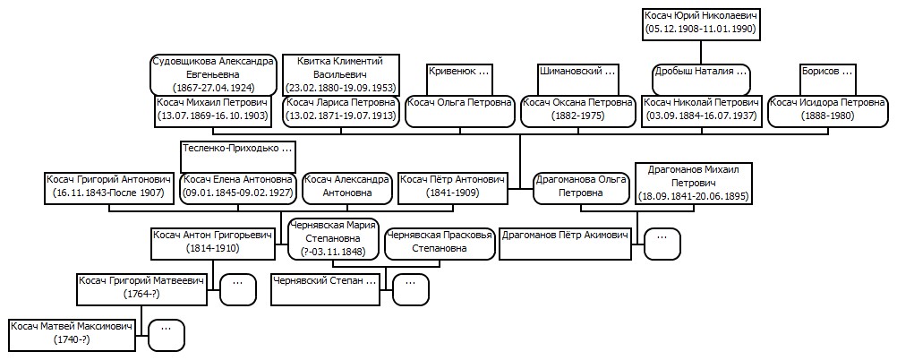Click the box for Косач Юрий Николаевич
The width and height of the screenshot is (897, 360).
[x=702, y=23]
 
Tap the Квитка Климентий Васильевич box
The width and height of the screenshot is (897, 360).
[x=341, y=74]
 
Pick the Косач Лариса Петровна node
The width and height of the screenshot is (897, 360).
[x=341, y=110]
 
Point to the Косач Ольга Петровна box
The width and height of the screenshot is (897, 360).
[x=460, y=110]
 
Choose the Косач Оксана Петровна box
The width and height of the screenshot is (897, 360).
[x=577, y=110]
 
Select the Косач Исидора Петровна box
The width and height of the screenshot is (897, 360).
[x=827, y=110]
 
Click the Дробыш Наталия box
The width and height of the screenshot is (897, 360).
[x=702, y=79]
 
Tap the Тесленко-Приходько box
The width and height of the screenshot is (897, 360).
[x=238, y=156]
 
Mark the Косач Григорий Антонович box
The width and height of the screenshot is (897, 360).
[x=109, y=188]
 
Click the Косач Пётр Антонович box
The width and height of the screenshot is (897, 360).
[x=452, y=188]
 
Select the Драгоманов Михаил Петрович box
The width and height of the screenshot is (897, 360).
[x=694, y=184]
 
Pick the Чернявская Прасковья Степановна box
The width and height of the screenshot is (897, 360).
[x=439, y=244]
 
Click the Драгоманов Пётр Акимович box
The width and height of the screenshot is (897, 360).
[x=565, y=244]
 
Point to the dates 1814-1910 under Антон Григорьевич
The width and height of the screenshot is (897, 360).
[x=212, y=248]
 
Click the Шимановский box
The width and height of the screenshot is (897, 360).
[x=577, y=79]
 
